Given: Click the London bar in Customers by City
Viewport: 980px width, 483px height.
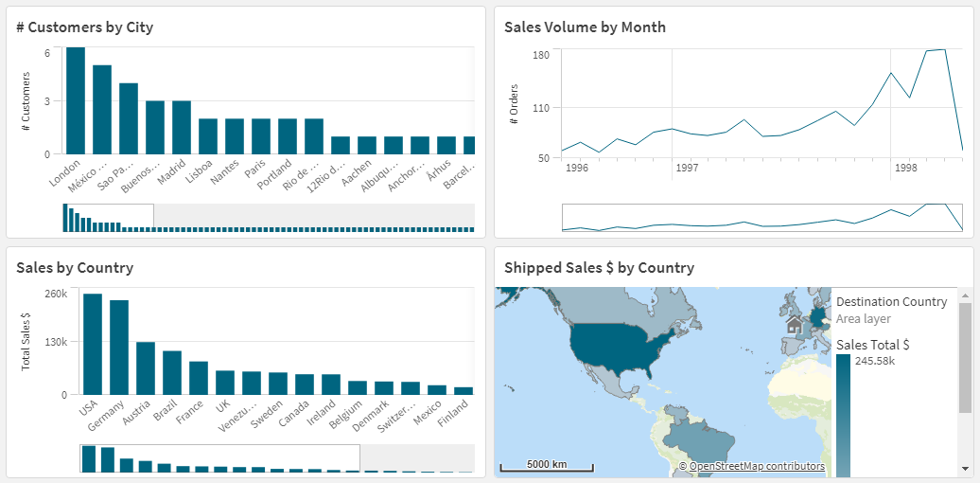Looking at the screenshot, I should [x=76, y=100].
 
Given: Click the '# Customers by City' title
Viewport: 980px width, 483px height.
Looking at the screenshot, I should [x=84, y=27].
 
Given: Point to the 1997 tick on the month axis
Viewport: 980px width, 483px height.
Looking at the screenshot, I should [x=687, y=168].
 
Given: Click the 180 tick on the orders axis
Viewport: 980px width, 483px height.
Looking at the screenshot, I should [x=541, y=55].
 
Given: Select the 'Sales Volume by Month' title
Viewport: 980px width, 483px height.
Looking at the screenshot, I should [x=585, y=27].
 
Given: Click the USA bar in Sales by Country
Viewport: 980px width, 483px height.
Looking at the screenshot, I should [x=93, y=344].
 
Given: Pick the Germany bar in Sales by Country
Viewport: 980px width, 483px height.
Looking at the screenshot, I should [x=119, y=347].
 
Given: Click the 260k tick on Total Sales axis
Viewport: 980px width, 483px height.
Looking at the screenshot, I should [x=56, y=294].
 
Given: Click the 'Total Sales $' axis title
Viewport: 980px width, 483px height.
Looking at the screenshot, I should [x=26, y=341].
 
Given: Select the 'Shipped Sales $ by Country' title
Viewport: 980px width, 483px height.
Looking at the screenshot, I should [x=599, y=268].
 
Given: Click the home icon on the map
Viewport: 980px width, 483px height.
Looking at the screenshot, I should [x=795, y=325].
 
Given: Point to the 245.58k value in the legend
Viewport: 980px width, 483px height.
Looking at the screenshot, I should [x=874, y=361].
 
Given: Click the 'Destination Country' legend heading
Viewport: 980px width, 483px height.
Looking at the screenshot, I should [x=891, y=302].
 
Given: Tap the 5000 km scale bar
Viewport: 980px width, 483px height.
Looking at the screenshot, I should [x=547, y=466].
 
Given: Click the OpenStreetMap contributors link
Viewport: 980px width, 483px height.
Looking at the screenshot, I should [x=757, y=466].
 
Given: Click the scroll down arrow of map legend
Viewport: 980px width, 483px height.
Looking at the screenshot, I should [x=965, y=468].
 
